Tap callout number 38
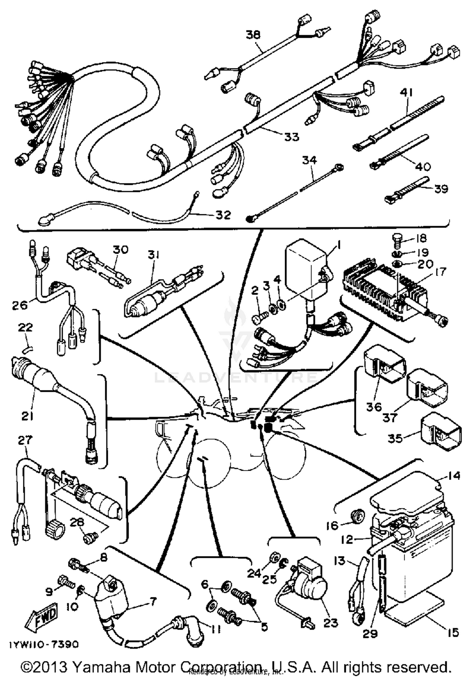tap(253, 34)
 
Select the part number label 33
tap(291, 137)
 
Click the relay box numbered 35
tap(441, 432)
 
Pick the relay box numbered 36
tap(383, 362)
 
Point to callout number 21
tap(27, 416)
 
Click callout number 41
tap(407, 93)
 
